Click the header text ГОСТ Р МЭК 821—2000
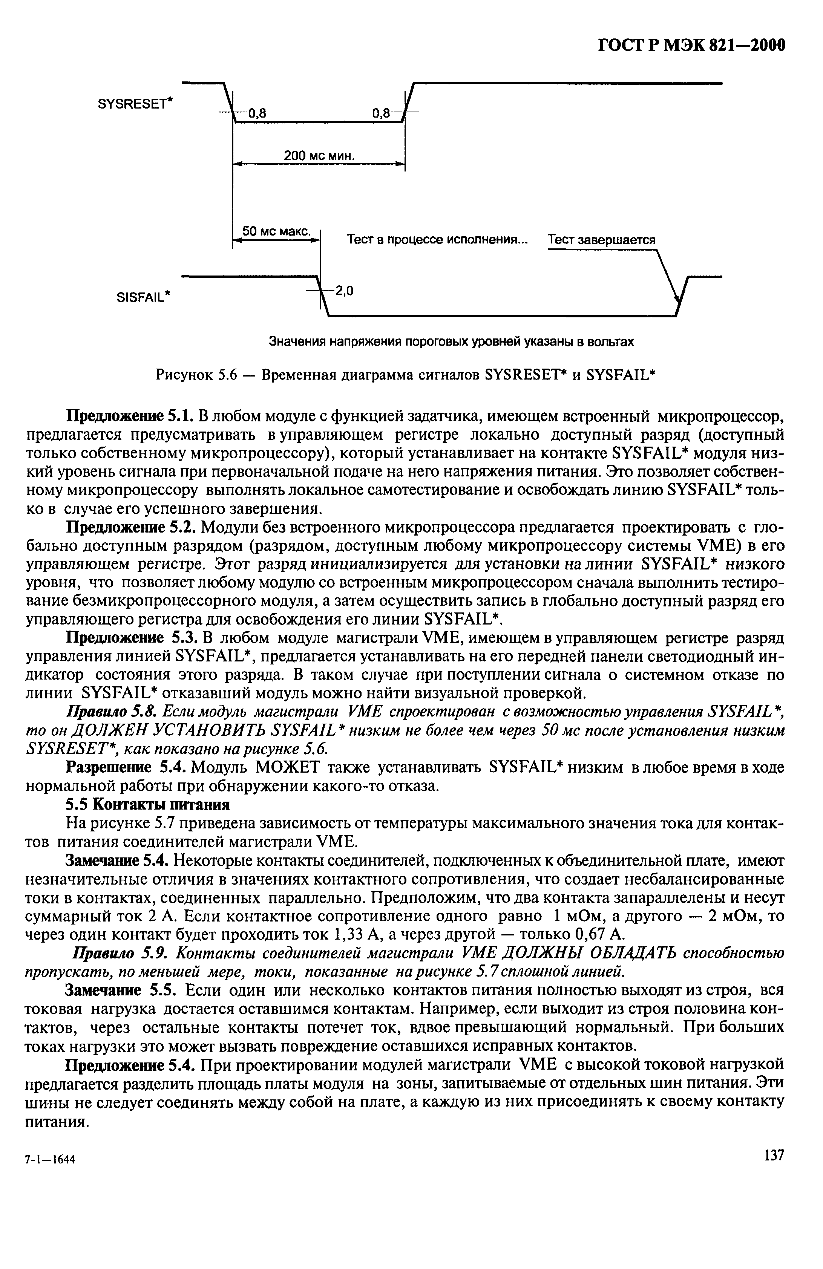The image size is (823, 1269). (x=690, y=46)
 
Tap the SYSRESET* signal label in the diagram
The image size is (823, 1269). (x=136, y=103)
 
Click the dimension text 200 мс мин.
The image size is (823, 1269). (x=319, y=156)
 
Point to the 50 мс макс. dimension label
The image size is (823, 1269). (x=276, y=231)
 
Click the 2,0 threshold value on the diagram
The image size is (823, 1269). (x=345, y=291)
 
